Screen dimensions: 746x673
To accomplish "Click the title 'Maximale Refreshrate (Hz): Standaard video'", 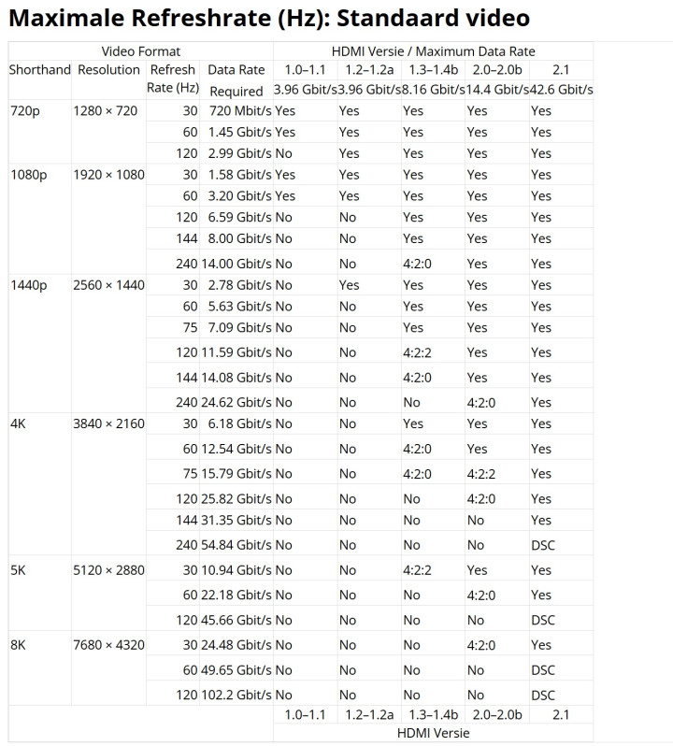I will tap(269, 18).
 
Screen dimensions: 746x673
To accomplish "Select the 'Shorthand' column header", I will tap(40, 70).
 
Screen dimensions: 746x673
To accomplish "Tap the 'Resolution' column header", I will tap(108, 70).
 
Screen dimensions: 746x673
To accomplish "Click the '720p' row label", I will tap(24, 111).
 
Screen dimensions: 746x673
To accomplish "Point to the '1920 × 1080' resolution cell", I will tap(108, 175).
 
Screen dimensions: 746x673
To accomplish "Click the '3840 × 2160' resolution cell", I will tap(108, 423).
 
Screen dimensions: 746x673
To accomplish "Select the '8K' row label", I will tap(19, 645).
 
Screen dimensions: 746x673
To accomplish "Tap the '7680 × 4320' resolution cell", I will tap(108, 645).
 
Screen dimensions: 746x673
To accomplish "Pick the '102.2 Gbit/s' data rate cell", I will tap(236, 695).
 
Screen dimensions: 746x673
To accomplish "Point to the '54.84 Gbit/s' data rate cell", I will tap(236, 545).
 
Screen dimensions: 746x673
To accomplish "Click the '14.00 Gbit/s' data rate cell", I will tap(236, 264).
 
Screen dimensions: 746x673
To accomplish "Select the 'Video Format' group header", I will tap(140, 51).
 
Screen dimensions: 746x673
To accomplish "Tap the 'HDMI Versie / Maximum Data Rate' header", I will tap(433, 51).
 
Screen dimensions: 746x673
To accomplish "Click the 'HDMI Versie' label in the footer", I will tap(433, 732).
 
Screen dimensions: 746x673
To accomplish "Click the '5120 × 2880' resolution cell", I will tap(108, 570).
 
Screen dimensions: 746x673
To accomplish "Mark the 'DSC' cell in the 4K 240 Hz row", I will tap(542, 545).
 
